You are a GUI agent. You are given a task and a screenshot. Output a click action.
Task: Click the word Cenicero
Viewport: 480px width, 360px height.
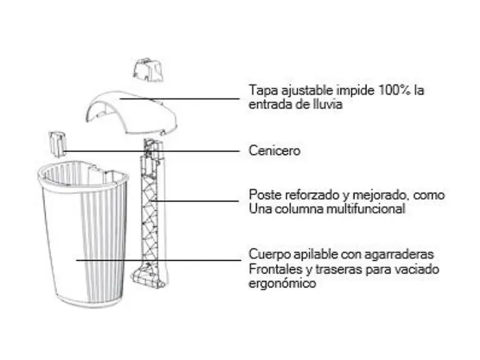click(274, 151)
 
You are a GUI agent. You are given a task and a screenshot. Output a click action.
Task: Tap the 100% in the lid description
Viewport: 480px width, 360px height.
click(394, 90)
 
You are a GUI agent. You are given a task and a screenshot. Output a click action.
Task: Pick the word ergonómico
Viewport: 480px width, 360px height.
click(282, 283)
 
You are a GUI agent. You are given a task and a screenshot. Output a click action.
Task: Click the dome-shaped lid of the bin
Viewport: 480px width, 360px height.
click(131, 112)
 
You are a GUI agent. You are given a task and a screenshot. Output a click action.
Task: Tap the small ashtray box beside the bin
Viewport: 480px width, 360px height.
click(57, 144)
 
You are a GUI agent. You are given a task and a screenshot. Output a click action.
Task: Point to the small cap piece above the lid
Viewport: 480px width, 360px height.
click(148, 70)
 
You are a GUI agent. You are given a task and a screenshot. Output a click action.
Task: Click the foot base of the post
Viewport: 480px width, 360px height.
click(149, 275)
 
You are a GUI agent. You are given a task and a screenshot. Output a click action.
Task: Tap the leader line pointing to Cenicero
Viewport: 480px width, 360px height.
click(152, 151)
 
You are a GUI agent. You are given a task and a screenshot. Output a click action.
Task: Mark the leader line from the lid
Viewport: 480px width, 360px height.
click(179, 98)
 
